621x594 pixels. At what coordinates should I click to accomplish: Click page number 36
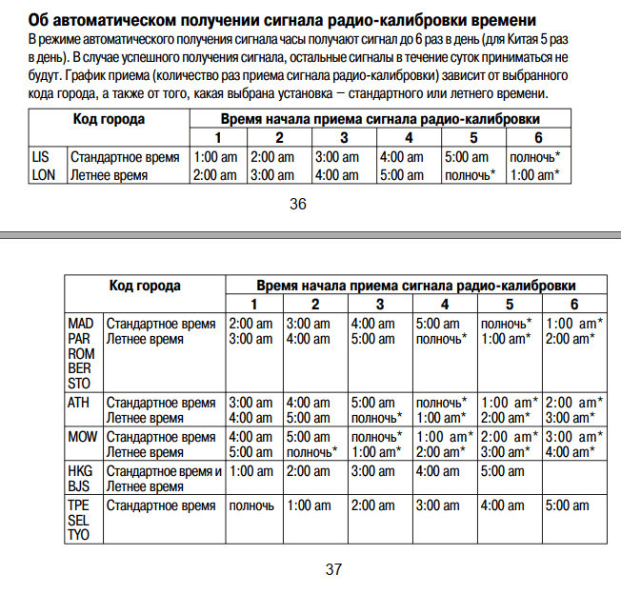point(297,204)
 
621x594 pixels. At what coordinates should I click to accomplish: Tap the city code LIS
point(40,157)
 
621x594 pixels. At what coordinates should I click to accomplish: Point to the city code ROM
point(81,353)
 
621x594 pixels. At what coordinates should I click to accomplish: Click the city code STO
point(80,384)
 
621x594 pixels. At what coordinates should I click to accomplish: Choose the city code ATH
point(78,402)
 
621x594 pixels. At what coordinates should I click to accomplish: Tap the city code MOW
point(81,437)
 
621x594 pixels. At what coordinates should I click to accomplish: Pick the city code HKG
point(80,471)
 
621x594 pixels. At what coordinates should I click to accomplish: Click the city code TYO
point(79,536)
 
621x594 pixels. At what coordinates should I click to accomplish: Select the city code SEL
point(79,521)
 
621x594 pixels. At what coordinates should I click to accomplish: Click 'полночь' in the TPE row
point(252,505)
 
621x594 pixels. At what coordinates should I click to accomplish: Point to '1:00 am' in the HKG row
point(251,471)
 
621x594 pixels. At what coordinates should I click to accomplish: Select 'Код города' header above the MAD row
point(145,286)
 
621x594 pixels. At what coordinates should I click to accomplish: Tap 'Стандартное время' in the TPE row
point(160,505)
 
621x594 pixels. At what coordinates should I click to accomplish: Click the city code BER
point(80,368)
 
